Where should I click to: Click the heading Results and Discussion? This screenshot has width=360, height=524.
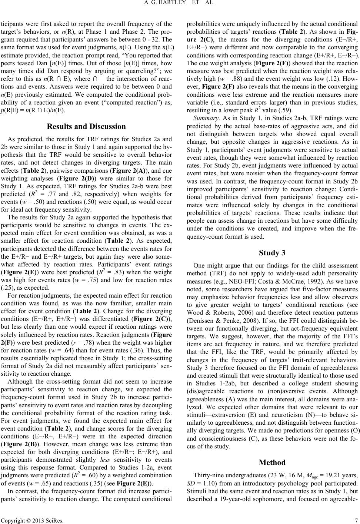86,126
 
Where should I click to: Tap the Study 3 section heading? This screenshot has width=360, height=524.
272,253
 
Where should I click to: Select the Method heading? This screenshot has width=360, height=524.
272,462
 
